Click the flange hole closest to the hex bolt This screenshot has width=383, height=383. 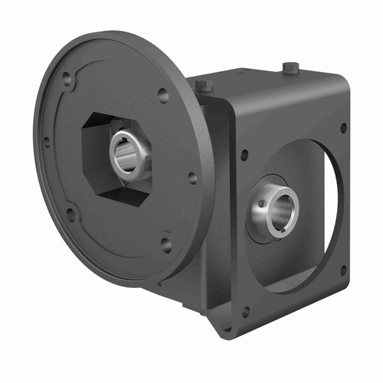(162, 95)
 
